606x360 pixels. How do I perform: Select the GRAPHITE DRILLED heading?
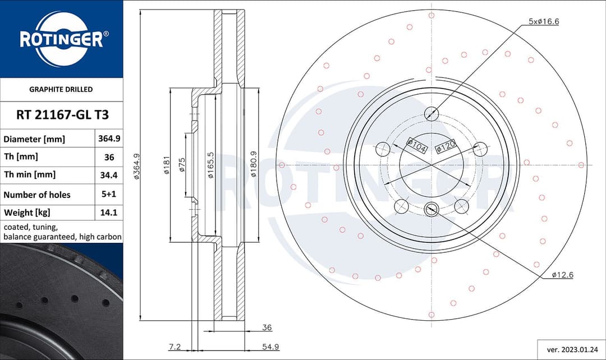(x=61, y=89)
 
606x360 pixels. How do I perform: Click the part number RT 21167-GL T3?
(x=61, y=115)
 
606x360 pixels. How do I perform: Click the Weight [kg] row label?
(x=27, y=213)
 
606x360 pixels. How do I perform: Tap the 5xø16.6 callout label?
(x=544, y=21)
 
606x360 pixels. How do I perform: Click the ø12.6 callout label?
(x=562, y=275)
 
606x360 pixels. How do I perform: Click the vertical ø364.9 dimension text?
(x=136, y=167)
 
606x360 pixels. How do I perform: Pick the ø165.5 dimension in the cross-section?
(x=210, y=165)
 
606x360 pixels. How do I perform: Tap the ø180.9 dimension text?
(x=254, y=165)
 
